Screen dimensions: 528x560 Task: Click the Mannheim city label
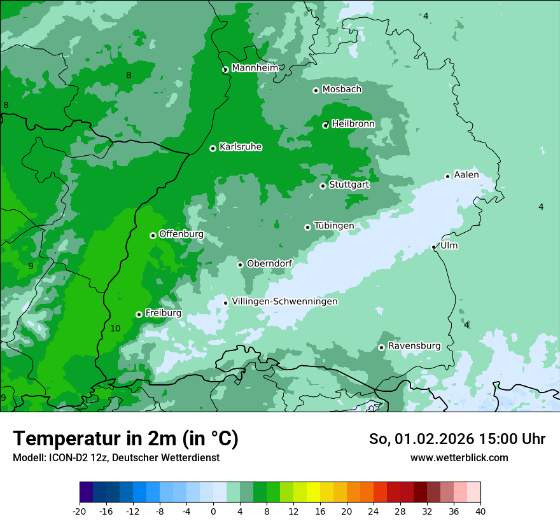[x=255, y=68]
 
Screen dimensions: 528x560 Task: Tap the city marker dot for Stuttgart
[x=323, y=186]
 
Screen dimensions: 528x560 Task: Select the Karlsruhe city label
[x=240, y=147]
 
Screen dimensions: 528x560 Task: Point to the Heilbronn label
[x=353, y=124]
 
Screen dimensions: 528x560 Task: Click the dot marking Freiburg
[x=139, y=314]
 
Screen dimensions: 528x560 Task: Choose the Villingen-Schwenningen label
[x=284, y=302]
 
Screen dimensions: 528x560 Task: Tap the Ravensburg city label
[x=414, y=346]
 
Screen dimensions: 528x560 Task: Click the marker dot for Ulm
[x=433, y=247]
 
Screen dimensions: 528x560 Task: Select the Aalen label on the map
[x=466, y=175]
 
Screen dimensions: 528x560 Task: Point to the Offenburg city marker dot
[x=153, y=235]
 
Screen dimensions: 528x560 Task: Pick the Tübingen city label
[x=333, y=226]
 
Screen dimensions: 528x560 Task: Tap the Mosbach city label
[x=342, y=90]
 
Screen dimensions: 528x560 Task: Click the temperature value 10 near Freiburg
[x=115, y=328]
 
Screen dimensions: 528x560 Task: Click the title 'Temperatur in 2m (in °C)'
[x=125, y=438]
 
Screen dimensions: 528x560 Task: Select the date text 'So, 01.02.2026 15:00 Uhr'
[x=457, y=439]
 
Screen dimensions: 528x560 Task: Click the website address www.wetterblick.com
[x=459, y=457]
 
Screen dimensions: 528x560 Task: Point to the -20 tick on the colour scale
[x=80, y=511]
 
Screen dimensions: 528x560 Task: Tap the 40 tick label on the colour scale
[x=480, y=511]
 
